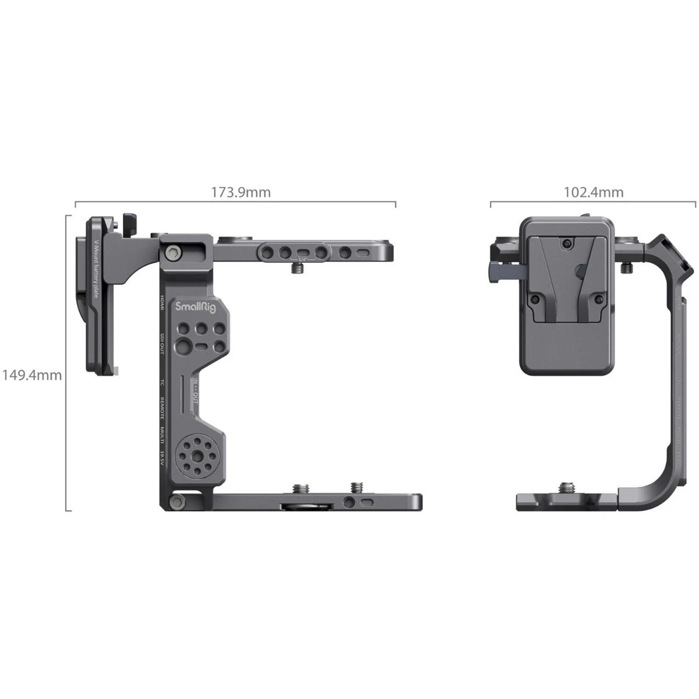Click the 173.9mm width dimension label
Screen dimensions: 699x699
pos(241,192)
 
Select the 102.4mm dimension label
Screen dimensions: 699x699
pos(594,192)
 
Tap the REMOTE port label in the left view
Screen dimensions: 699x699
pos(163,407)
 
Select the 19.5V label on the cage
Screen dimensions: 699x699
pos(163,457)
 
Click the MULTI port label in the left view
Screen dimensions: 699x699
pos(163,434)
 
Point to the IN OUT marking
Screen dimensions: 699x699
pos(196,389)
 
